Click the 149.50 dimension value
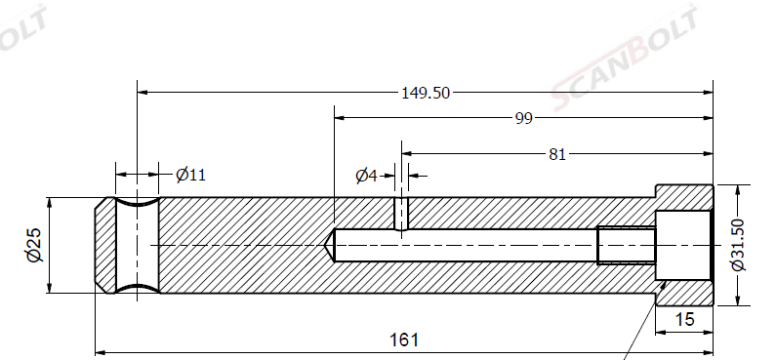(426, 93)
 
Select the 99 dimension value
(523, 119)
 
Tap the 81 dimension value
(557, 154)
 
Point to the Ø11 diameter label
(190, 175)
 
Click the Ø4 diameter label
(366, 176)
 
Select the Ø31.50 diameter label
(737, 245)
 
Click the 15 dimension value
(684, 319)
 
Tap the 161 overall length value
(404, 340)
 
